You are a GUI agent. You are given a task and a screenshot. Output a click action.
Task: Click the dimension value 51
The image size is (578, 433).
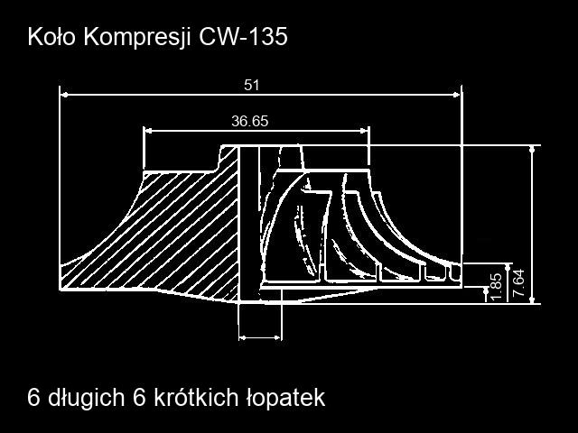tap(252, 85)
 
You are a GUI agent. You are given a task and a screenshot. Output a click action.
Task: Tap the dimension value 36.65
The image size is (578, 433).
tap(250, 121)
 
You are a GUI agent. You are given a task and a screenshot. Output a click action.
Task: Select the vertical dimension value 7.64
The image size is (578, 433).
tap(518, 282)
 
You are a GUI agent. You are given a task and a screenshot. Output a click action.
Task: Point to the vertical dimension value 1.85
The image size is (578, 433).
tap(497, 287)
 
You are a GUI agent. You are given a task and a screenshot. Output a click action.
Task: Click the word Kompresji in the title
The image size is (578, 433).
tap(137, 38)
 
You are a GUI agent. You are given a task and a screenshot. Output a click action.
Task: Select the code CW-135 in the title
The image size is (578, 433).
tap(243, 36)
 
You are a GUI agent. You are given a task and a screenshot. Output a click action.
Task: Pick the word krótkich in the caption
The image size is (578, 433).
tap(195, 397)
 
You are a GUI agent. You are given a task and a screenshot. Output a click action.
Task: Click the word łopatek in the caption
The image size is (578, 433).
tap(285, 398)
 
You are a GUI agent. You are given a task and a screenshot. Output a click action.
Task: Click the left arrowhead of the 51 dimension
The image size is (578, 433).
tap(64, 95)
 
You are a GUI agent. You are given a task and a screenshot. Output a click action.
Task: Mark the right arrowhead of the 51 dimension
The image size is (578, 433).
tap(457, 95)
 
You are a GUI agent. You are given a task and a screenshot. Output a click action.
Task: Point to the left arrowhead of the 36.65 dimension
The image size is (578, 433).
tap(148, 130)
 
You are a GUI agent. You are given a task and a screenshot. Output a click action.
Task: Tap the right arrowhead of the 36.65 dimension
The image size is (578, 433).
tap(364, 130)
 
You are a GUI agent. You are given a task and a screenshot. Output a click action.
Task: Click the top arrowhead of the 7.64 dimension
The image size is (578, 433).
tap(532, 150)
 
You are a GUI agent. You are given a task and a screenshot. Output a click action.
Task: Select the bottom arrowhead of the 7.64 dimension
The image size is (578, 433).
tap(532, 299)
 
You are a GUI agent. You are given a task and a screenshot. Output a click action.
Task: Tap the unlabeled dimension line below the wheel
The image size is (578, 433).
tap(260, 337)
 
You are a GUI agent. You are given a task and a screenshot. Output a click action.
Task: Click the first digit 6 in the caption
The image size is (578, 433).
tap(33, 397)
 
